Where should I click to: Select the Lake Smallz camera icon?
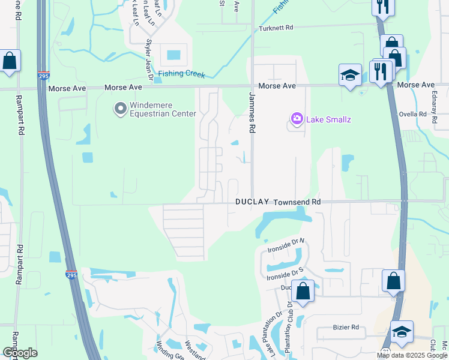tap(297, 119)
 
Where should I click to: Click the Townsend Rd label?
tap(297, 203)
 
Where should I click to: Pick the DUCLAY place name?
tap(252, 203)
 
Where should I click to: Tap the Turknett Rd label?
tap(276, 28)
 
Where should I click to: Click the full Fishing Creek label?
tap(182, 75)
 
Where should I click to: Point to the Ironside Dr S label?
tap(286, 274)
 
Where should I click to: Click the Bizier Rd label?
tap(346, 328)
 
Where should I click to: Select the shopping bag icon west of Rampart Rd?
tap(10, 61)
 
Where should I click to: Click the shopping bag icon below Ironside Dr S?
tap(304, 292)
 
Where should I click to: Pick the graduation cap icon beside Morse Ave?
tap(350, 74)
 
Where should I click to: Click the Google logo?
tap(20, 353)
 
